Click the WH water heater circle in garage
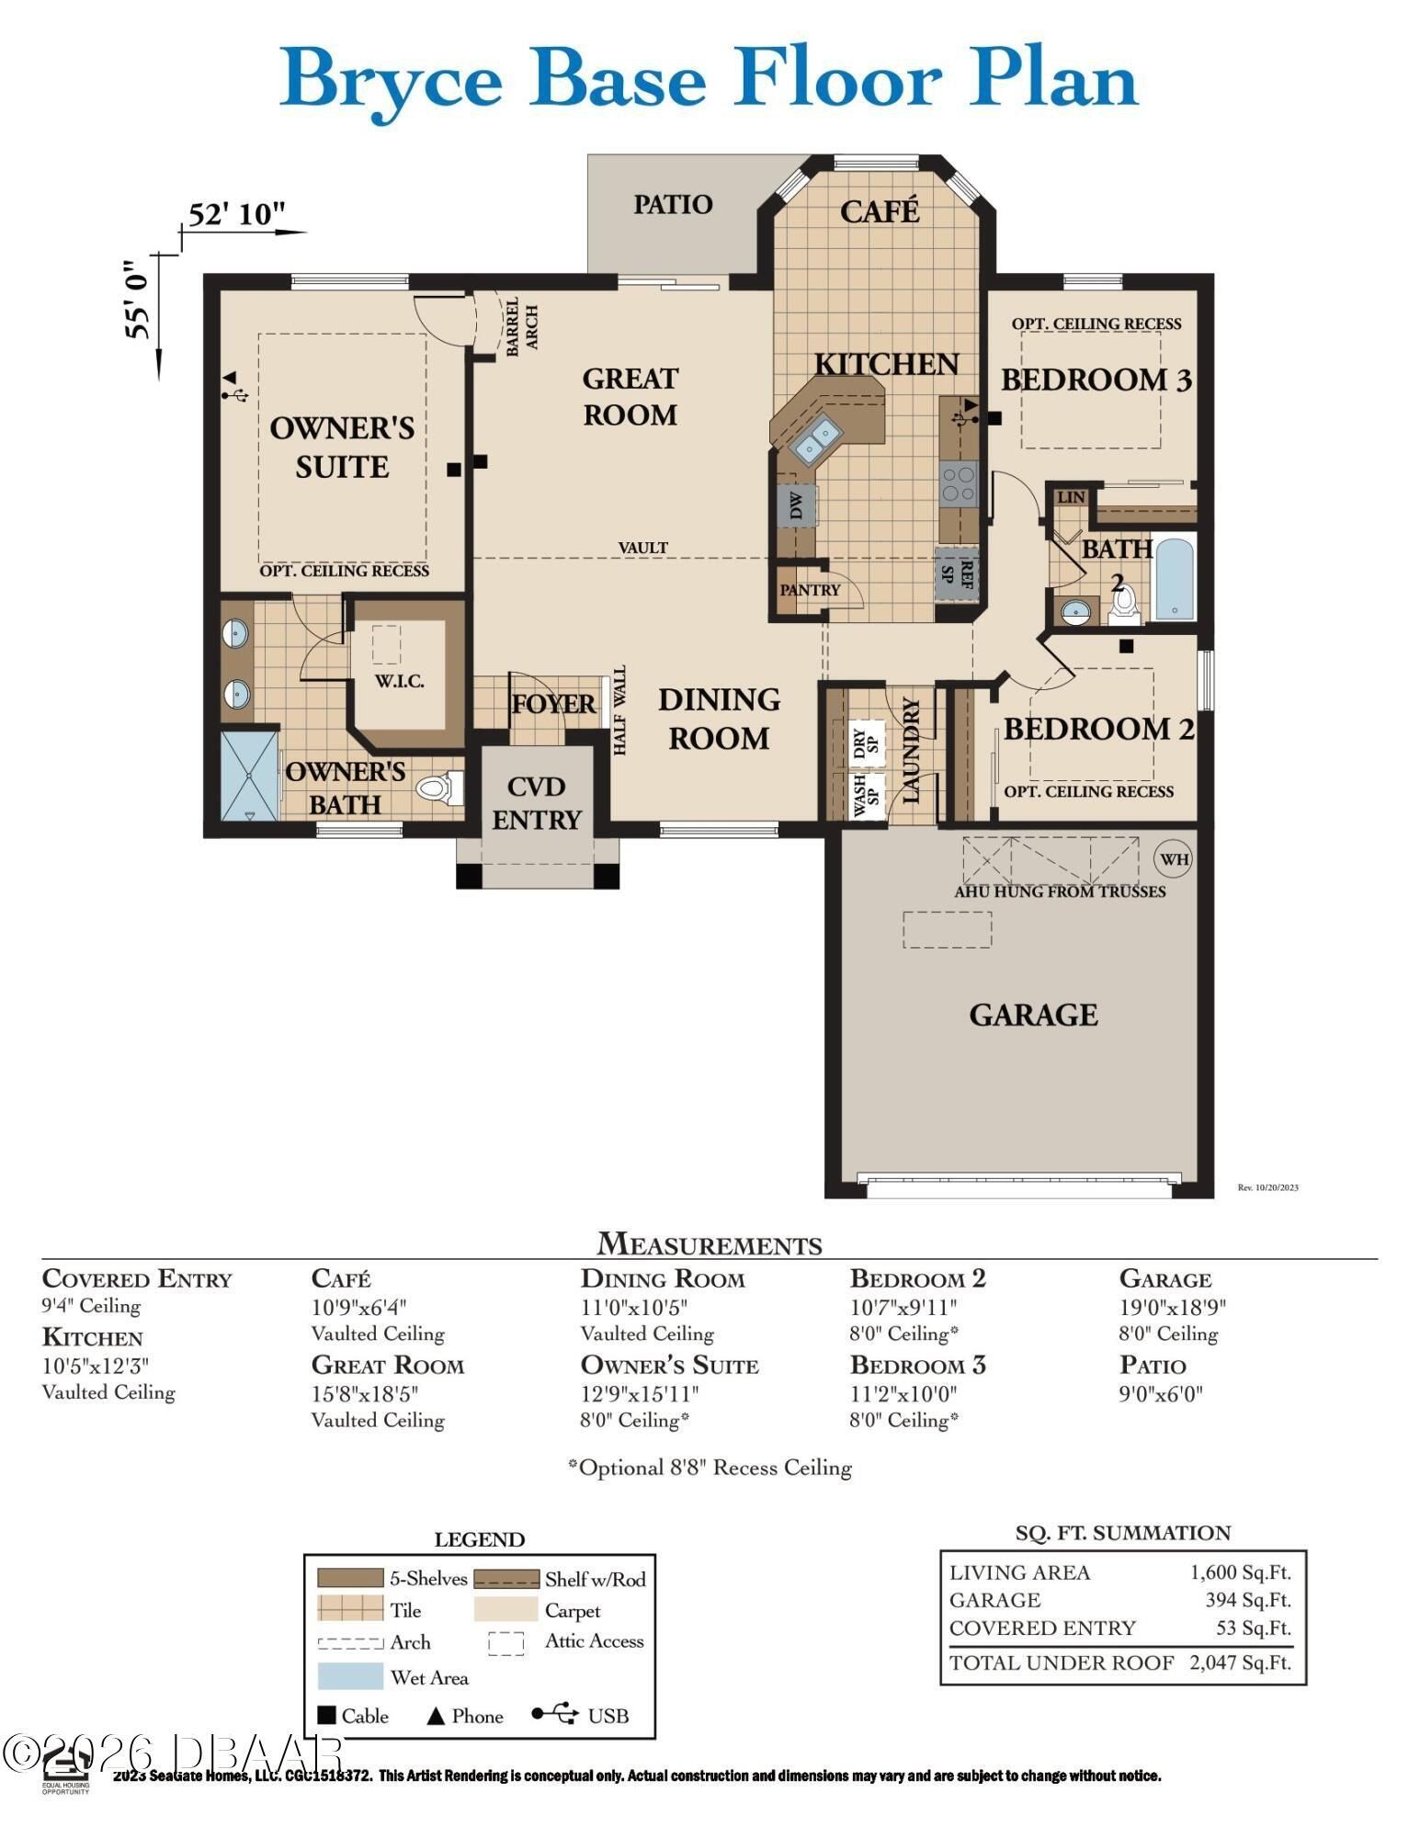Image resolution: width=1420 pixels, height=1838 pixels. pyautogui.click(x=1174, y=859)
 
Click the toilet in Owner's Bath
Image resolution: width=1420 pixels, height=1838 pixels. pyautogui.click(x=440, y=789)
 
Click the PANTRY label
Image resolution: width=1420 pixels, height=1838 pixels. pyautogui.click(x=810, y=590)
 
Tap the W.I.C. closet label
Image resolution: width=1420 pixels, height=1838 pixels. pyautogui.click(x=399, y=682)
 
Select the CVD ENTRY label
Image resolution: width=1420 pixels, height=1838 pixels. pyautogui.click(x=537, y=803)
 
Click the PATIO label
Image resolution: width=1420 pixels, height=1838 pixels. pyautogui.click(x=673, y=204)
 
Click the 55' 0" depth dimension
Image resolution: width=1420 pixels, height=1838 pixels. pyautogui.click(x=139, y=300)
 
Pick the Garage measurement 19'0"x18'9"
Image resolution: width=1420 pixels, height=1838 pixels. pyautogui.click(x=1172, y=1307)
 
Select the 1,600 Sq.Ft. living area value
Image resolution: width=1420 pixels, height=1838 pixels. pyautogui.click(x=1240, y=1572)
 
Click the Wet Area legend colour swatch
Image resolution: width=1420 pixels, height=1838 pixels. pyautogui.click(x=350, y=1676)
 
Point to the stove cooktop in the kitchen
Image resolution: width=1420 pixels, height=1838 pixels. pyautogui.click(x=957, y=483)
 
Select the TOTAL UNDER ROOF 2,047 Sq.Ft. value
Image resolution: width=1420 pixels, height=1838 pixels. pyautogui.click(x=1240, y=1662)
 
